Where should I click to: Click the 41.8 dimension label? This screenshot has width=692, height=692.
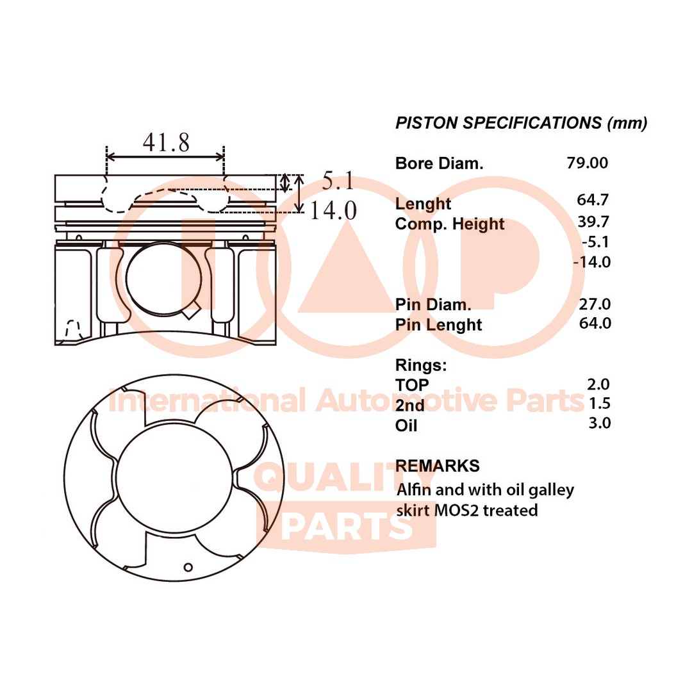[166, 142]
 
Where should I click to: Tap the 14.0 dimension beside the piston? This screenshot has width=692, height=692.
[333, 210]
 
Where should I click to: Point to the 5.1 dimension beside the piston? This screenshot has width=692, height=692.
[338, 181]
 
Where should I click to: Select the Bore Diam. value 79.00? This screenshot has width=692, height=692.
[587, 163]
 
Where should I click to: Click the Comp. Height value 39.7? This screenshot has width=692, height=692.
[593, 222]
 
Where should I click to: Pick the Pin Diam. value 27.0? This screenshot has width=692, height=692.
[595, 303]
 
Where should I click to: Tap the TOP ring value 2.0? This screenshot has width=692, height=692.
[598, 384]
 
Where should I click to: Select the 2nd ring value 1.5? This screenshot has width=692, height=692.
[598, 403]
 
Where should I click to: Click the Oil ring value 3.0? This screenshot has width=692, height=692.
[598, 423]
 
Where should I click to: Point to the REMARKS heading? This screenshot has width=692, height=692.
[437, 465]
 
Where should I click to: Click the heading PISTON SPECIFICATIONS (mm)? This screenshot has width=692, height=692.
[521, 123]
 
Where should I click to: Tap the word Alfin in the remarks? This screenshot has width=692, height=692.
[414, 490]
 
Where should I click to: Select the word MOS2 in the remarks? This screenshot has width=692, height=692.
[454, 510]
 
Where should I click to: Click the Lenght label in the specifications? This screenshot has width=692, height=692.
[423, 204]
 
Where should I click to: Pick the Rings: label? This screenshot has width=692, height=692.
[420, 365]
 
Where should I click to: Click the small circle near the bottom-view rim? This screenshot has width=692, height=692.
[188, 566]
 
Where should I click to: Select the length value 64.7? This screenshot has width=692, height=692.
[593, 200]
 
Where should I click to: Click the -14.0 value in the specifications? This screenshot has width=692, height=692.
[591, 261]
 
